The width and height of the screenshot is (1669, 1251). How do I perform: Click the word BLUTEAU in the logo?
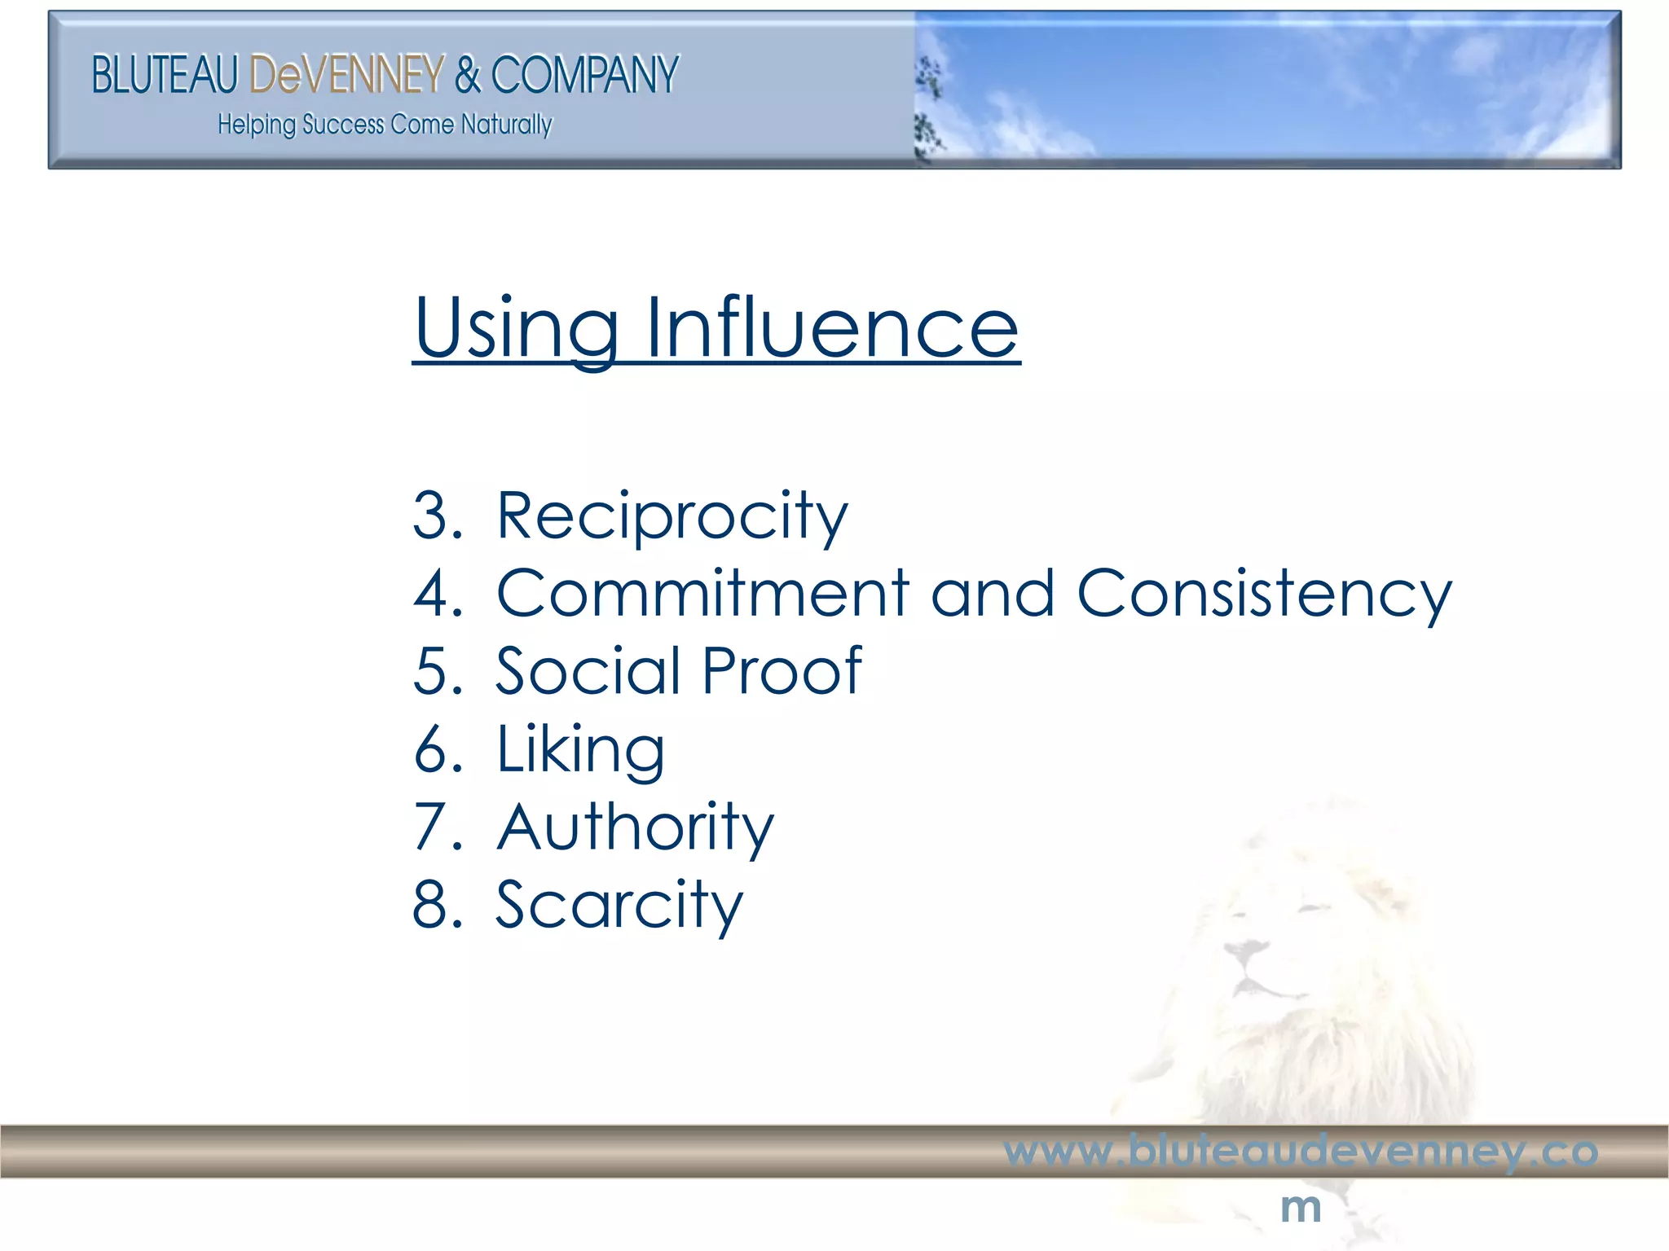point(164,75)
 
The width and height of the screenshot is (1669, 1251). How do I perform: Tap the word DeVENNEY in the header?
point(347,75)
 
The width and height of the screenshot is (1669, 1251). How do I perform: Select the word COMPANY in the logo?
point(584,75)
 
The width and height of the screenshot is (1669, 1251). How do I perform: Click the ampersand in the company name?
point(468,75)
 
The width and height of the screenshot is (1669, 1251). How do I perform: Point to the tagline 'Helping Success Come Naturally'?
point(385,125)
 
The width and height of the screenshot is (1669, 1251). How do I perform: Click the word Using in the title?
point(516,327)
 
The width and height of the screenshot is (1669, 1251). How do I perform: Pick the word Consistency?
point(1264,595)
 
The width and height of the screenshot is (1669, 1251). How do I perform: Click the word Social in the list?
point(588,671)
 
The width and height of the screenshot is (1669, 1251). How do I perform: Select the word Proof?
point(781,671)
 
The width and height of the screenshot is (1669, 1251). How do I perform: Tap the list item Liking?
point(580,750)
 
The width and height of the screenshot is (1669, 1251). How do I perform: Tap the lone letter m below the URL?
point(1301,1207)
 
